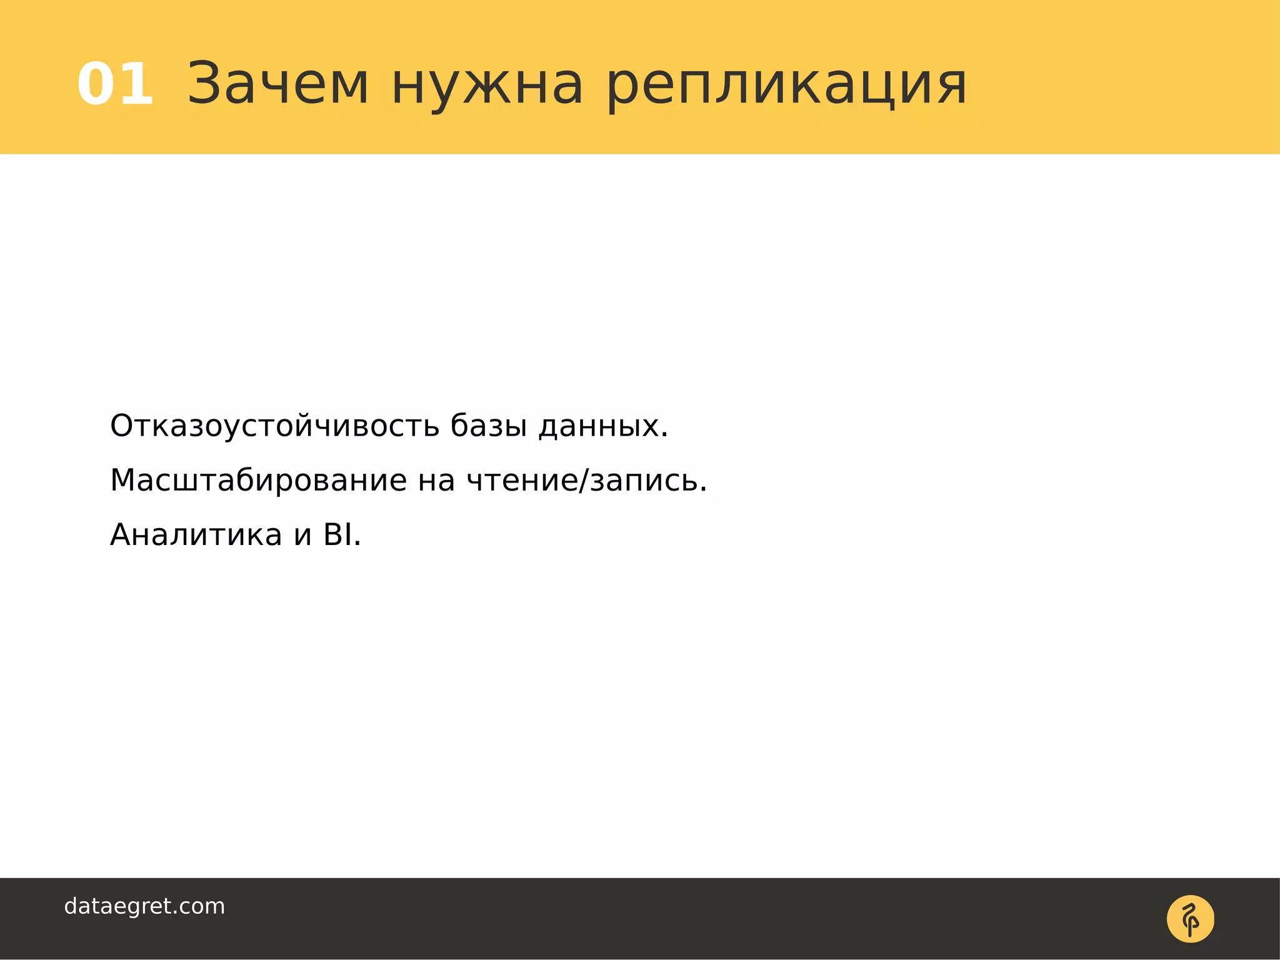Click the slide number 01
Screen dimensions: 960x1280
pyautogui.click(x=115, y=84)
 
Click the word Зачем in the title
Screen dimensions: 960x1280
pyautogui.click(x=278, y=84)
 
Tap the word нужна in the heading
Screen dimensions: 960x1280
pyautogui.click(x=487, y=84)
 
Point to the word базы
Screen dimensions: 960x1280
pyautogui.click(x=489, y=426)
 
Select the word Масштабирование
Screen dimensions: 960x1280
pyautogui.click(x=258, y=481)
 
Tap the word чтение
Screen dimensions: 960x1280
pyautogui.click(x=522, y=481)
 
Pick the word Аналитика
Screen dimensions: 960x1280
pyautogui.click(x=196, y=535)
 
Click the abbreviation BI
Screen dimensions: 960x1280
pyautogui.click(x=337, y=535)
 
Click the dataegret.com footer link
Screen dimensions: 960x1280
pyautogui.click(x=144, y=906)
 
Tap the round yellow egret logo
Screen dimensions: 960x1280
pyautogui.click(x=1190, y=919)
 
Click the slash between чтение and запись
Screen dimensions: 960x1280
pyautogui.click(x=584, y=481)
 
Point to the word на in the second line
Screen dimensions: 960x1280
pyautogui.click(x=436, y=481)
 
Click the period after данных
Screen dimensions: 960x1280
pyautogui.click(x=664, y=434)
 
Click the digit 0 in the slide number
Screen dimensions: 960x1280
pyautogui.click(x=97, y=84)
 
